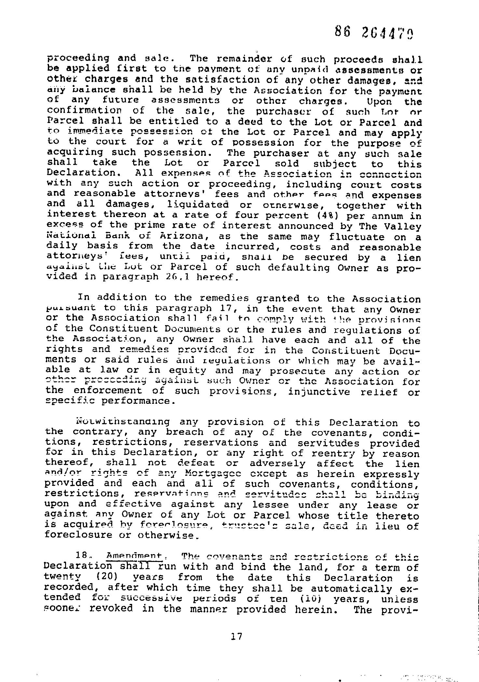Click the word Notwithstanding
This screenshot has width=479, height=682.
(x=123, y=422)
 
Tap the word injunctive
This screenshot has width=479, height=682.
(x=319, y=391)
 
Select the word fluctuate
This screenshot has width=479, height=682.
(x=356, y=237)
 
